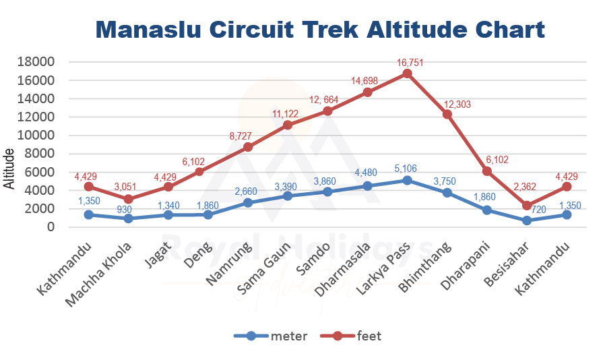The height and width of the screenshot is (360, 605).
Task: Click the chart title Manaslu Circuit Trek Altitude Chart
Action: coord(320,30)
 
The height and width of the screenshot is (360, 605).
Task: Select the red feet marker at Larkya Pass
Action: coord(407,73)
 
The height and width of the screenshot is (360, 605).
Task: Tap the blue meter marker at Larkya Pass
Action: coord(407,180)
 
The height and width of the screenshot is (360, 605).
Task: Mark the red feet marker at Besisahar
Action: coord(527,205)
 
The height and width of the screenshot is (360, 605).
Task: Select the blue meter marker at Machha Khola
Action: coord(128,218)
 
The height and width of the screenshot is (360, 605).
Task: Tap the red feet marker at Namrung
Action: coord(247,147)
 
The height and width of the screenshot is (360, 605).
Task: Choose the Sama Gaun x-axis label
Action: coord(265,268)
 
